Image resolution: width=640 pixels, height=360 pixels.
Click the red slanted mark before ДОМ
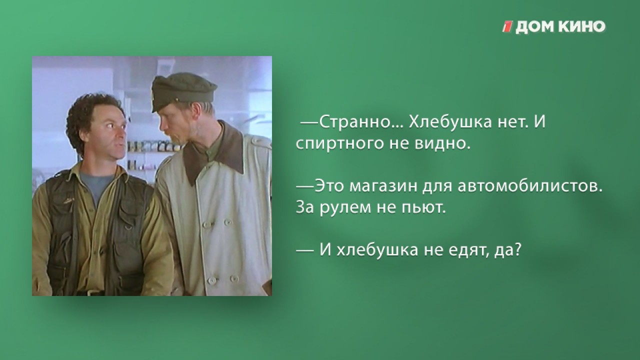(508, 26)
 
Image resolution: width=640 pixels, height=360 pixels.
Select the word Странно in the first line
(355, 122)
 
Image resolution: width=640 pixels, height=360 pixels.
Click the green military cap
(183, 91)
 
